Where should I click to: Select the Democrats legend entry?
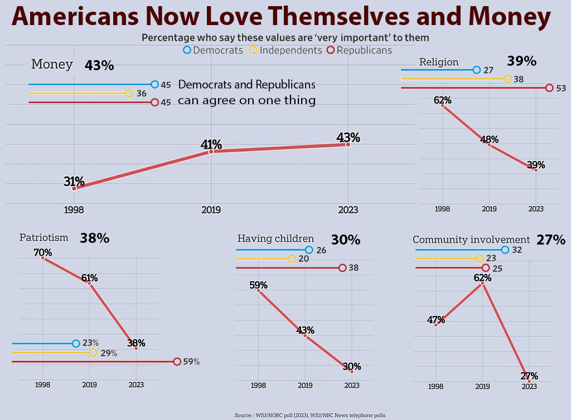(214, 50)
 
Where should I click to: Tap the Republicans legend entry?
(360, 50)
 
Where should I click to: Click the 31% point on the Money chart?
(74, 188)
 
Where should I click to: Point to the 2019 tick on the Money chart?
(211, 210)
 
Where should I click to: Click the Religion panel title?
(438, 62)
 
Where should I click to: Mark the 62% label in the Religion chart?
(442, 100)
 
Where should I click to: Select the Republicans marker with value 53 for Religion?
(549, 87)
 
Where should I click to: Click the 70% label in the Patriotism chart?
(43, 252)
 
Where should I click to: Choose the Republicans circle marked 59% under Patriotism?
(177, 362)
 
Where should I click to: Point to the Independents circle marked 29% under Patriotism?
(93, 353)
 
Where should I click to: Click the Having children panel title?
(275, 238)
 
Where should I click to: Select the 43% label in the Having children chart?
(305, 330)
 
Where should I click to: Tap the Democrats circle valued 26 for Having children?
(309, 250)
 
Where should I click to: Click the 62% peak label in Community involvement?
(482, 277)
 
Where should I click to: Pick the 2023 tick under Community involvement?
(529, 387)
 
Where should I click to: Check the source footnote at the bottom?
(309, 415)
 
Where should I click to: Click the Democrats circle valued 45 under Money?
(154, 85)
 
